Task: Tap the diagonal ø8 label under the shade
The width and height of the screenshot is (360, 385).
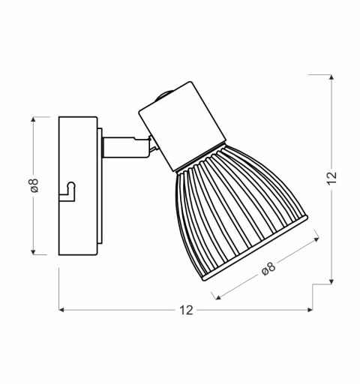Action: point(269,270)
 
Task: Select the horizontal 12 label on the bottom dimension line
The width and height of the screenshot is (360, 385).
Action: point(187,310)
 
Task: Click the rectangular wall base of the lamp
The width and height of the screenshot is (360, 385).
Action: point(78,185)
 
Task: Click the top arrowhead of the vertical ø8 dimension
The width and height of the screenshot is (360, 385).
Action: point(34,118)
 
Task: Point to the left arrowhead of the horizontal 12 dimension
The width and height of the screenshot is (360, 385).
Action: point(61,309)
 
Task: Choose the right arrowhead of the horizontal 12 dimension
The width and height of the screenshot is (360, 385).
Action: point(313,309)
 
